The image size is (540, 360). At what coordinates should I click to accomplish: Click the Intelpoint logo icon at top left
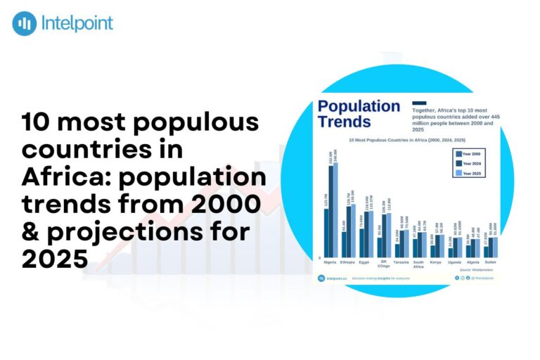tap(25, 23)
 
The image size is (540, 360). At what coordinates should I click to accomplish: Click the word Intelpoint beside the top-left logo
tap(77, 23)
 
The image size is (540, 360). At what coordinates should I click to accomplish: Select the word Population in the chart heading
tap(359, 107)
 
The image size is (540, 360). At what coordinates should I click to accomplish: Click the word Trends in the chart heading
tap(345, 122)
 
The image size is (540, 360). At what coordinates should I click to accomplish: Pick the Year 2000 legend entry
tap(469, 153)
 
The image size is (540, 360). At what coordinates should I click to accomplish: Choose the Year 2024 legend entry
tap(469, 163)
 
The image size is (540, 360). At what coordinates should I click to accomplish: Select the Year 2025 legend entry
tap(469, 173)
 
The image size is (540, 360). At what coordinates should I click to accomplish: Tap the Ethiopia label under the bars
tap(347, 262)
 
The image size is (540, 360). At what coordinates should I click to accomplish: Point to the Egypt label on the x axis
tap(364, 262)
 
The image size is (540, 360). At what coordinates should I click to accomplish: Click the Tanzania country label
tap(401, 262)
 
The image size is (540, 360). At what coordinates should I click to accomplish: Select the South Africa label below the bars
tap(418, 264)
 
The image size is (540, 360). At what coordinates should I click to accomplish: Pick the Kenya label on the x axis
tap(436, 262)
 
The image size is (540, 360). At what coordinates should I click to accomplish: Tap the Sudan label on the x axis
tap(489, 262)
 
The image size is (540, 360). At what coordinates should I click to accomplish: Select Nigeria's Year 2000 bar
tap(326, 233)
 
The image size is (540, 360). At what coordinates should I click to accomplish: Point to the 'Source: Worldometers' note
tap(475, 269)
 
